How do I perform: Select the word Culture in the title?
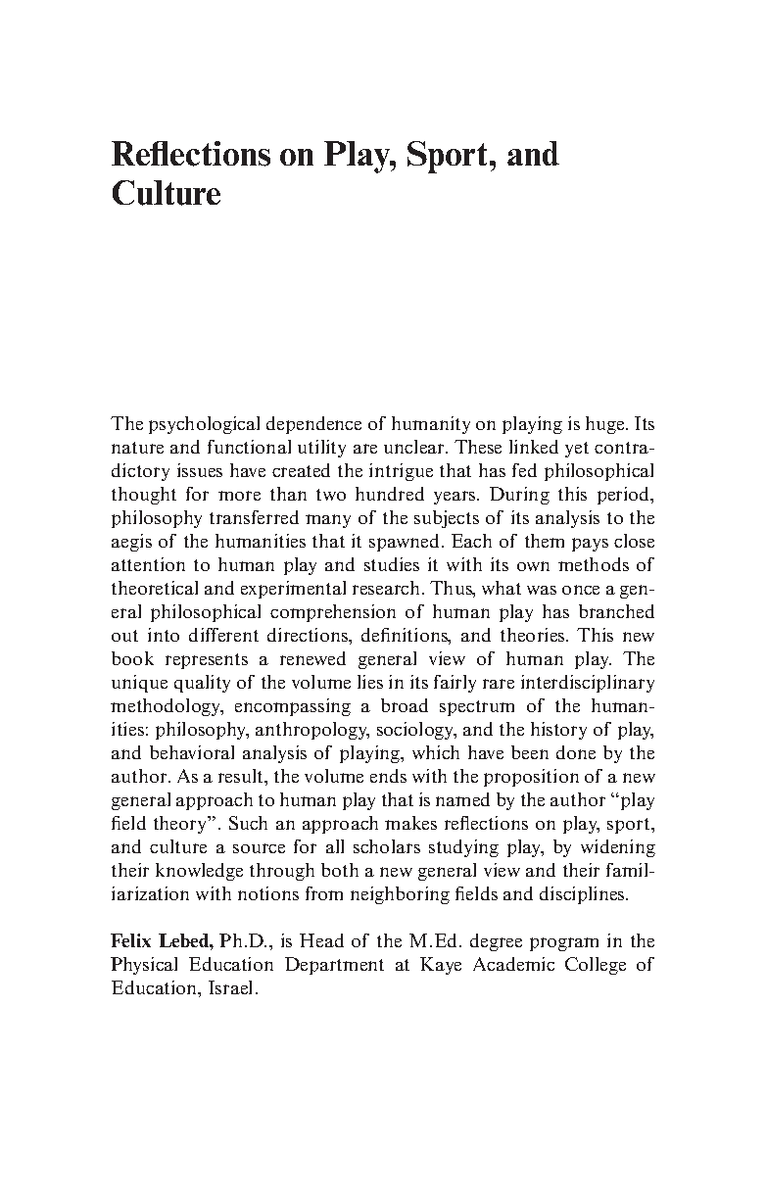pos(167,193)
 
